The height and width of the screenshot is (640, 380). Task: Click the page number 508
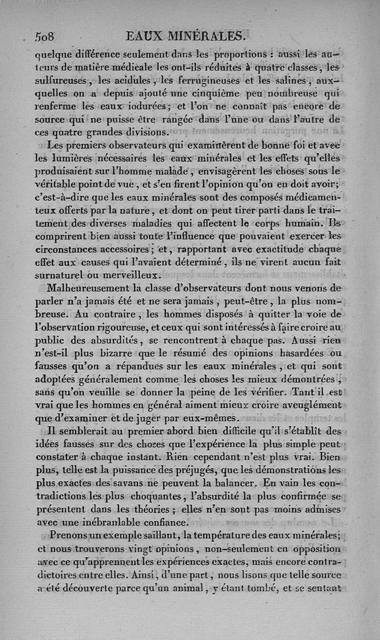pyautogui.click(x=45, y=37)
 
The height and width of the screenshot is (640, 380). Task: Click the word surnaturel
pyautogui.click(x=64, y=275)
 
